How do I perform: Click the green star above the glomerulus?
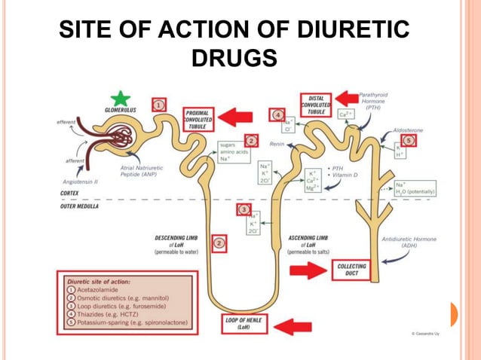point(119,98)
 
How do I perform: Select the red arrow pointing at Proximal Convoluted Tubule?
point(237,117)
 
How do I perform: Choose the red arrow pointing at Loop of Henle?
point(293,325)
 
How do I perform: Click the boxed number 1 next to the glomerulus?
point(159,105)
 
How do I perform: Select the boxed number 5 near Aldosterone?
point(409,140)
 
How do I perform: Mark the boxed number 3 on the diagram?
point(244,209)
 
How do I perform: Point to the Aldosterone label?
point(408,130)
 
